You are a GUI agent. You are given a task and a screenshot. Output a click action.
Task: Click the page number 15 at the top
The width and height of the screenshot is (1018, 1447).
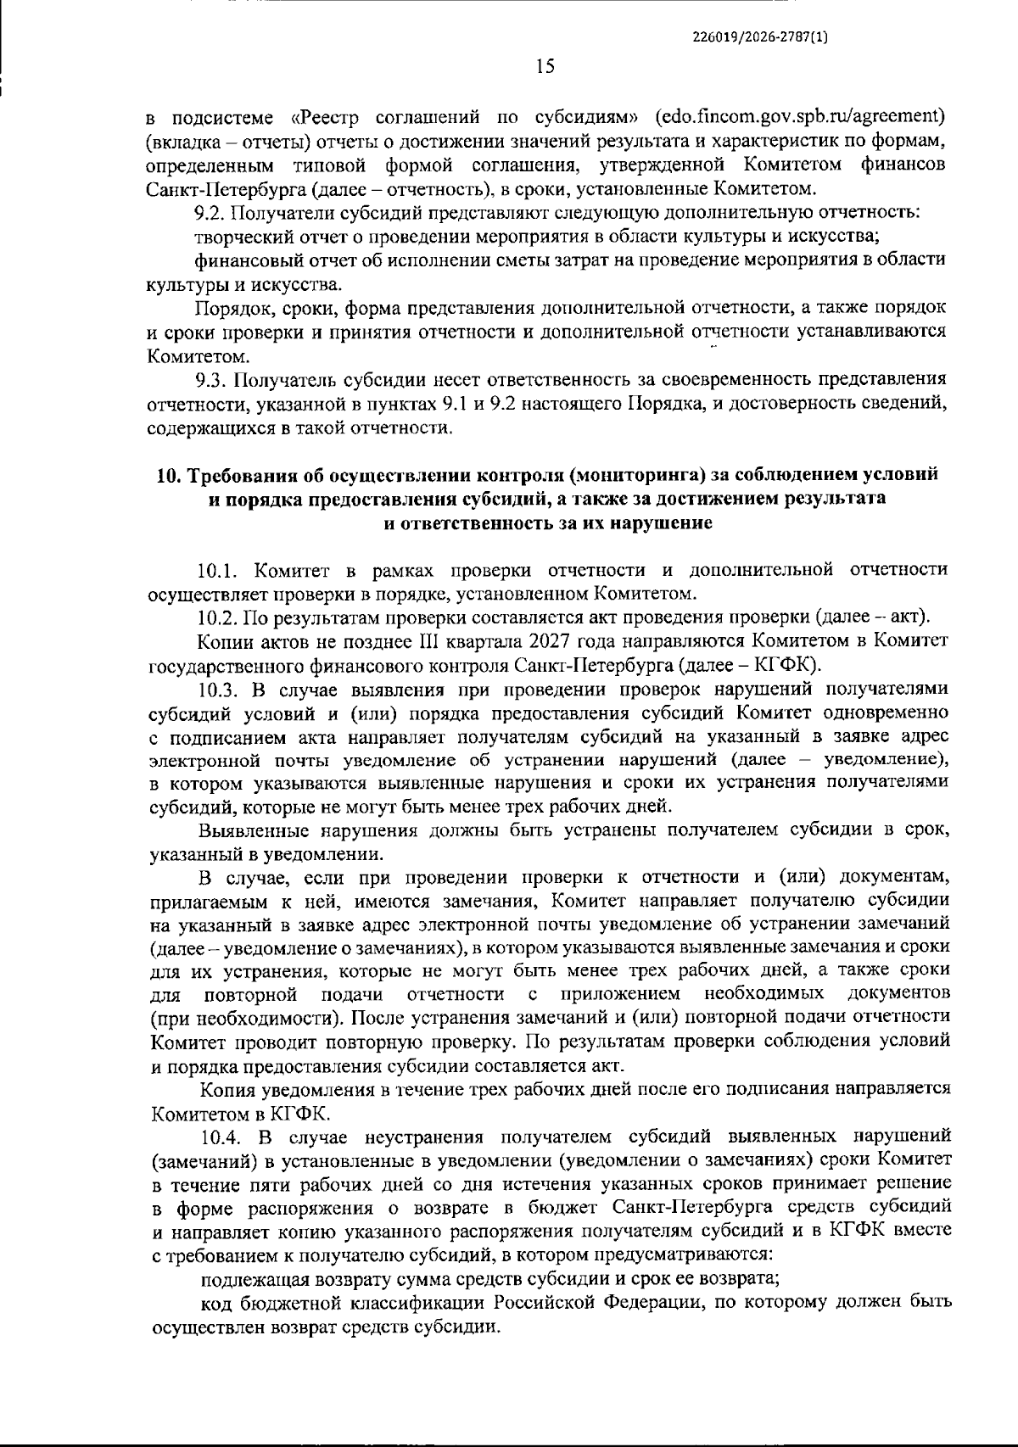click(545, 66)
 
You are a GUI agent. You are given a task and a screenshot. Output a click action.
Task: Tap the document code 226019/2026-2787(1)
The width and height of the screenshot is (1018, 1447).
click(760, 37)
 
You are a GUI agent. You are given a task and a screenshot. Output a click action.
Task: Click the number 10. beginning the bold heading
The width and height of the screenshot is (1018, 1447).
click(167, 475)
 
